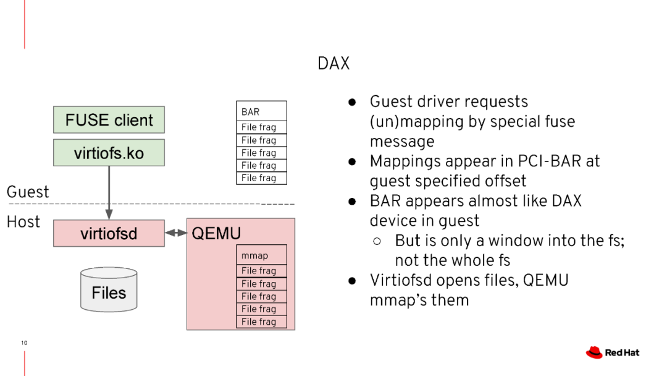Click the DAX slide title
pyautogui.click(x=333, y=64)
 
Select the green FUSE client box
pyautogui.click(x=109, y=119)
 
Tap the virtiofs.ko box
pyautogui.click(x=109, y=153)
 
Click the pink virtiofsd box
pyautogui.click(x=109, y=234)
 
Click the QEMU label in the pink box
pyautogui.click(x=216, y=234)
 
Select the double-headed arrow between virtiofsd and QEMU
pyautogui.click(x=176, y=233)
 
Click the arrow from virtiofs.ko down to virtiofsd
pyautogui.click(x=109, y=192)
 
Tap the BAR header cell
pyautogui.click(x=261, y=111)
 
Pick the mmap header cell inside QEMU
pyautogui.click(x=261, y=255)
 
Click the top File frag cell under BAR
pyautogui.click(x=261, y=127)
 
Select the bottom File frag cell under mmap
pyautogui.click(x=261, y=322)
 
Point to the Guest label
pyautogui.click(x=28, y=192)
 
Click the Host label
pyautogui.click(x=23, y=221)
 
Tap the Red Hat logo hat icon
pyautogui.click(x=594, y=352)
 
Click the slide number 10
pyautogui.click(x=24, y=343)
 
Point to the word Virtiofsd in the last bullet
pyautogui.click(x=405, y=280)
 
